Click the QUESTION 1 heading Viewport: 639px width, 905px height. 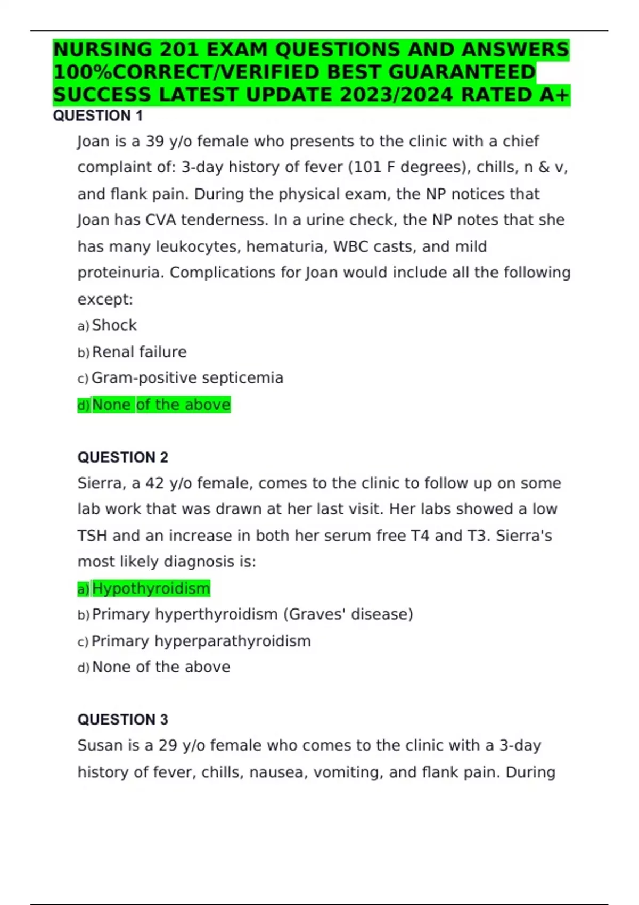[97, 116]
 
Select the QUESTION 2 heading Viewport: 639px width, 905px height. [122, 457]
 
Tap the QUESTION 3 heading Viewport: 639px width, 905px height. [122, 720]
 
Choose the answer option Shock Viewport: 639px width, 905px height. [114, 325]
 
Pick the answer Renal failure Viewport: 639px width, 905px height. [139, 352]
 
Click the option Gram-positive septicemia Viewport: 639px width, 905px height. [187, 378]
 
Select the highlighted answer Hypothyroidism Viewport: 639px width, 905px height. [151, 588]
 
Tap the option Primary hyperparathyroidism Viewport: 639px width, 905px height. [201, 641]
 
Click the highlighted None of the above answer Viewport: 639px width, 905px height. [161, 405]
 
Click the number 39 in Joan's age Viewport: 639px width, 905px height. [155, 142]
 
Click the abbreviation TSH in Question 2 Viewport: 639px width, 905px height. [92, 536]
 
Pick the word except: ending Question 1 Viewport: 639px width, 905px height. [105, 300]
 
